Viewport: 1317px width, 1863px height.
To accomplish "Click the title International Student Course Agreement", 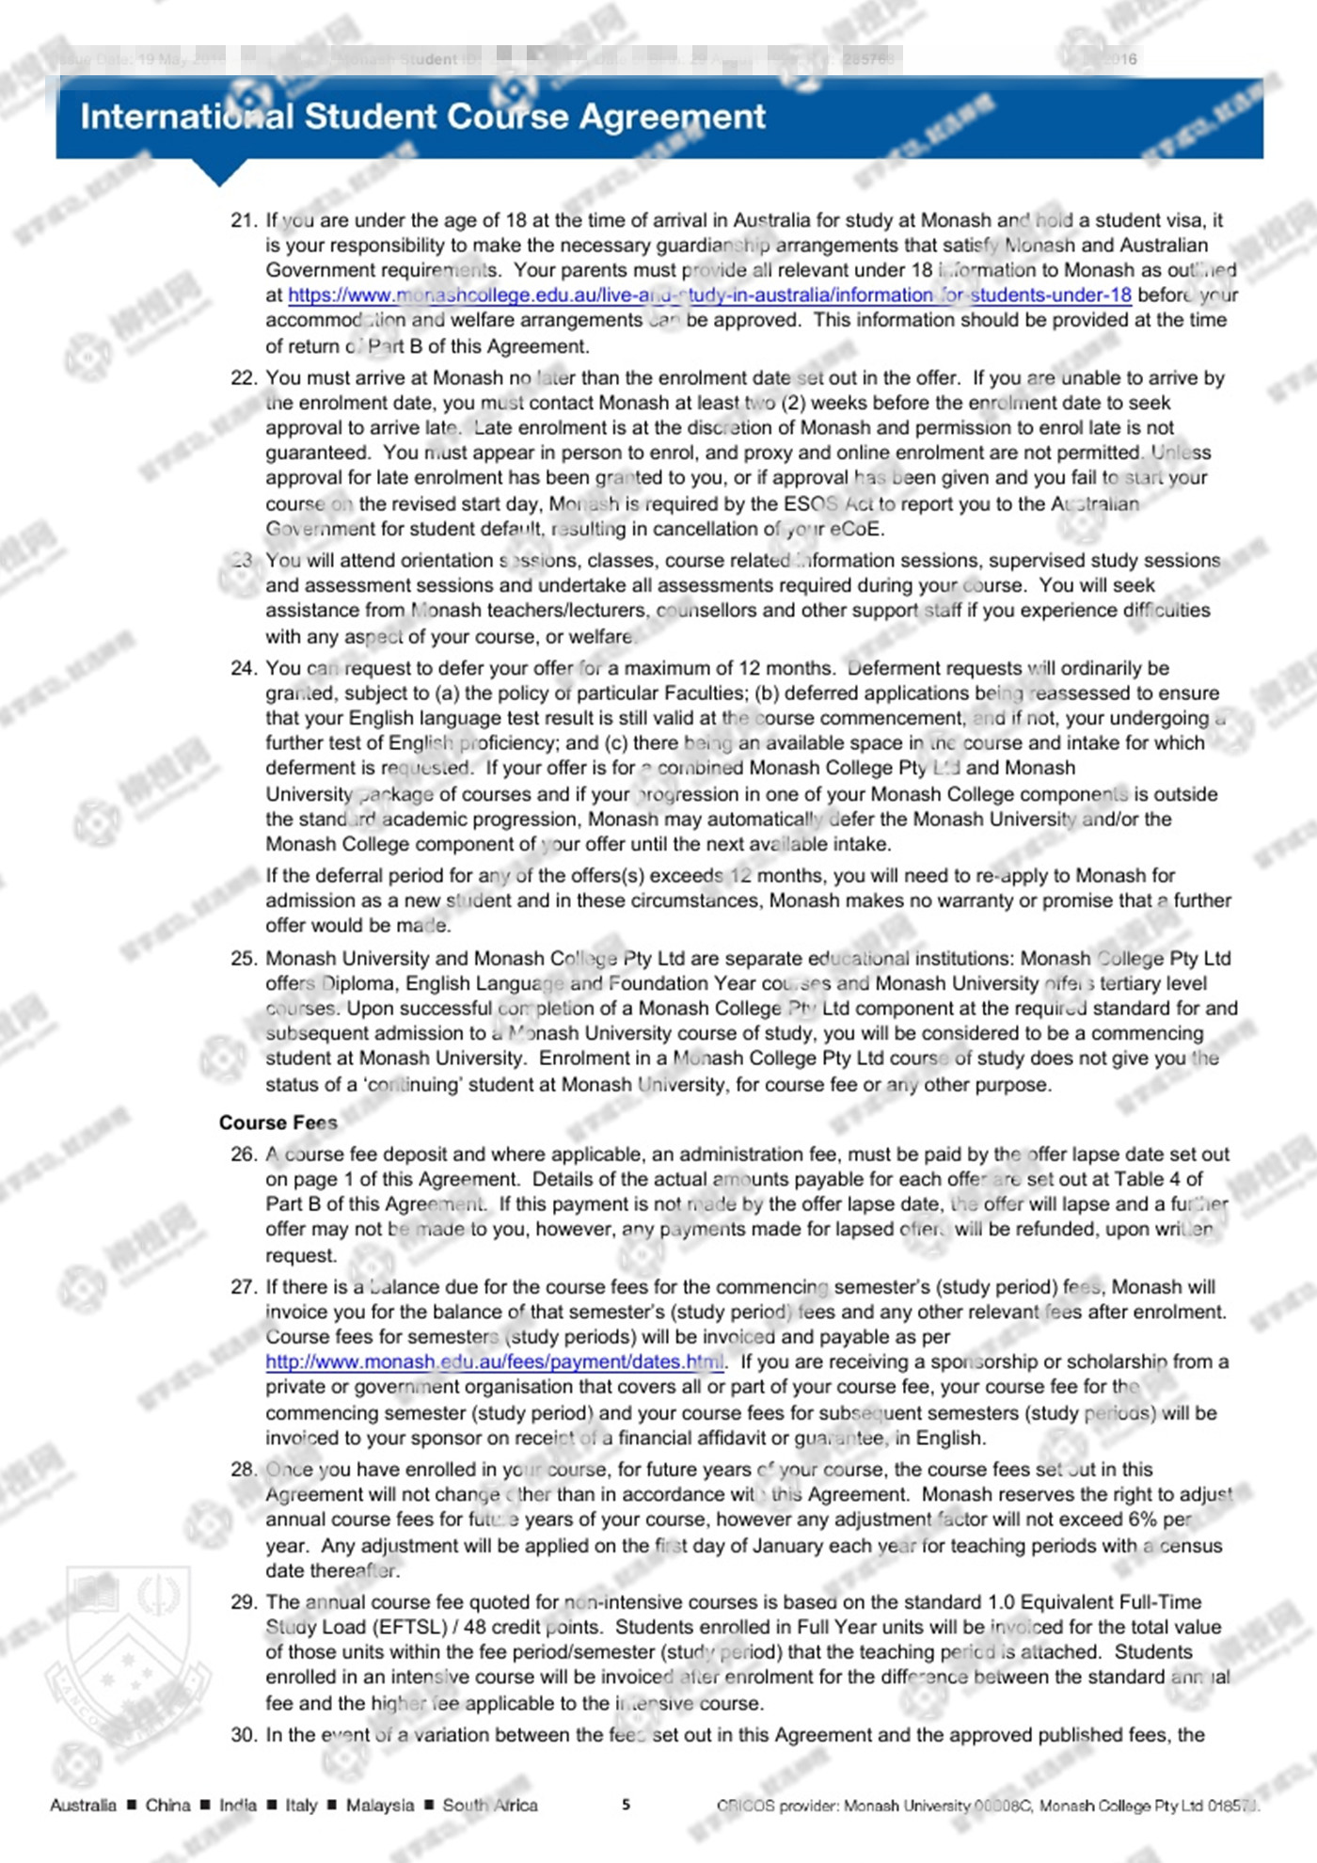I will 422,117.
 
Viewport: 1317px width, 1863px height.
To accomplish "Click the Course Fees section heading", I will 278,1123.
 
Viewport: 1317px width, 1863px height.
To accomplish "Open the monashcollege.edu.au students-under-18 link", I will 709,295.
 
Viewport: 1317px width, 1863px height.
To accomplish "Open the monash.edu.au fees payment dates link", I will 495,1362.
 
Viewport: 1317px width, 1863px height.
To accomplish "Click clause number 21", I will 244,220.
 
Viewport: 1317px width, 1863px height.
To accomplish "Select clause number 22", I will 244,378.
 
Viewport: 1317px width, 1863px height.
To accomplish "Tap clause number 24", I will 244,668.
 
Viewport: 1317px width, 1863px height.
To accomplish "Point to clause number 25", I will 244,959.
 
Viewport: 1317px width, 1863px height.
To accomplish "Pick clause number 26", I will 244,1154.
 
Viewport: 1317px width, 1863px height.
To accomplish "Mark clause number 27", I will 244,1287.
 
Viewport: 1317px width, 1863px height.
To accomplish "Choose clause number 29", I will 244,1602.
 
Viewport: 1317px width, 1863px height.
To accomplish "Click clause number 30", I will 244,1735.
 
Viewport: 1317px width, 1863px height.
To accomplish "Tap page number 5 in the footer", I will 627,1805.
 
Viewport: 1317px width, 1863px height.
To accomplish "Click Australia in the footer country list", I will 83,1806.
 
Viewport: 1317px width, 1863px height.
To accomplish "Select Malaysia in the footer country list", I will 379,1806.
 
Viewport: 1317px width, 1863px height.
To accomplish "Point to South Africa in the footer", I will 490,1806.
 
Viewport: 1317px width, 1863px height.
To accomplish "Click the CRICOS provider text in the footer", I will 988,1806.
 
